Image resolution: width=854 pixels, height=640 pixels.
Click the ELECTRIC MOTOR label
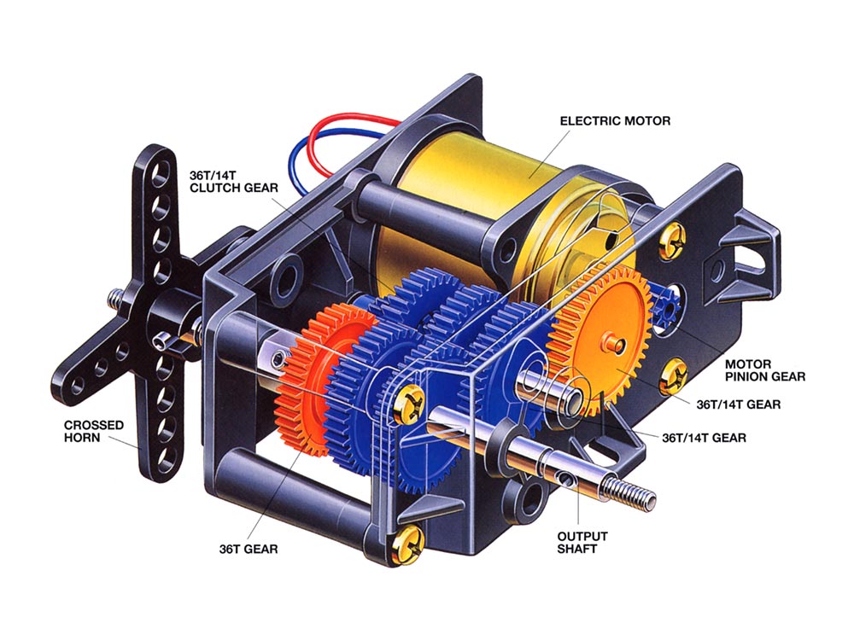click(x=615, y=121)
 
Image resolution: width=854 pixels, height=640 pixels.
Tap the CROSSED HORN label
click(x=94, y=432)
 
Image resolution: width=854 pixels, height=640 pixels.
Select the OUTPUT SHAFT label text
click(x=582, y=543)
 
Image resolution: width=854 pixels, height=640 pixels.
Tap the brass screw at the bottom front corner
click(x=406, y=543)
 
